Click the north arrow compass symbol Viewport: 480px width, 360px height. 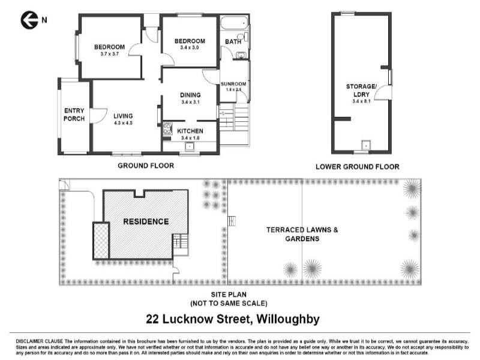tap(29, 20)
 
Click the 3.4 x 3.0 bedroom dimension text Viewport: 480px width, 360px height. tap(190, 47)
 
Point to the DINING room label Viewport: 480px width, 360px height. tap(190, 95)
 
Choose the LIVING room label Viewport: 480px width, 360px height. tap(122, 116)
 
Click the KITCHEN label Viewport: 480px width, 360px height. tap(190, 131)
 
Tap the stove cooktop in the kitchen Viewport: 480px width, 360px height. tap(167, 128)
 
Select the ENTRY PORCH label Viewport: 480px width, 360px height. tap(74, 114)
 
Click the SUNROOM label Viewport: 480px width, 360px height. tap(233, 84)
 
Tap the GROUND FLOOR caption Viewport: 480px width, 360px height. tap(146, 166)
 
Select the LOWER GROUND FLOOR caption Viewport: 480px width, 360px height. tap(357, 167)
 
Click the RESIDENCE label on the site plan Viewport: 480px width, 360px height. tap(146, 221)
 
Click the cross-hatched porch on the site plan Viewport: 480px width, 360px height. tap(101, 240)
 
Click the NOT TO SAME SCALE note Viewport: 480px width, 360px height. tap(229, 304)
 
